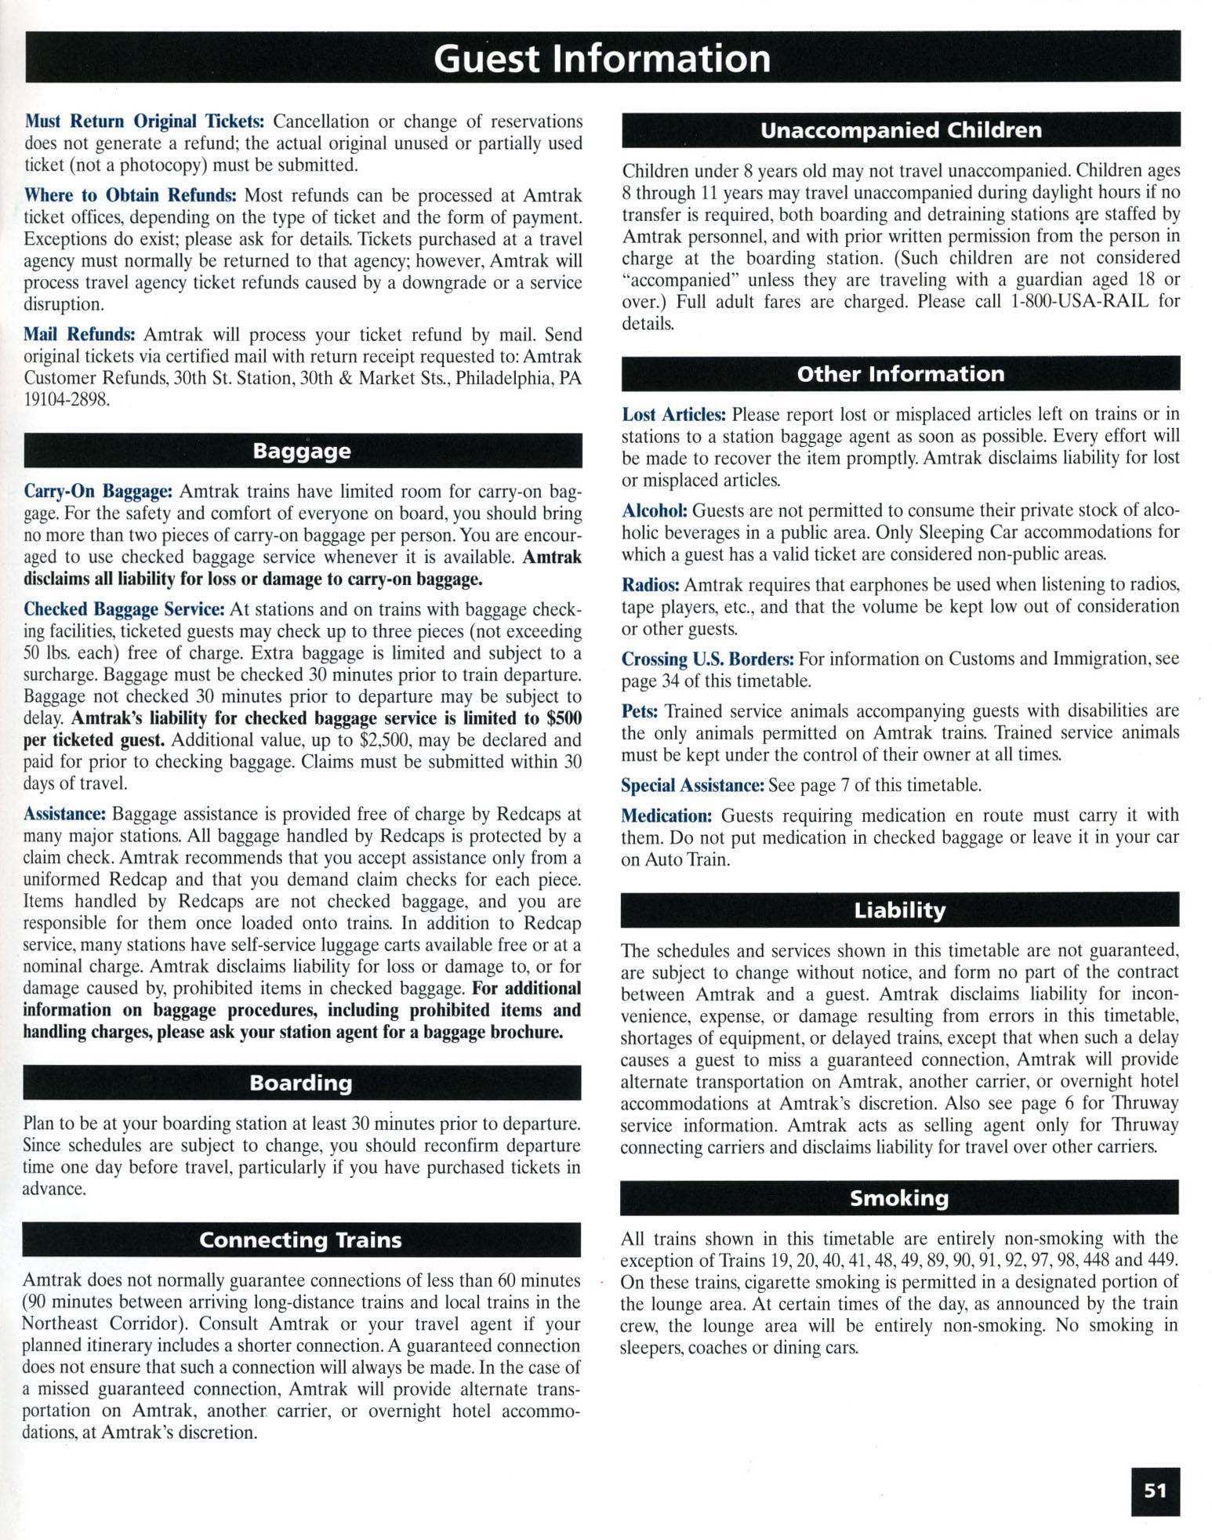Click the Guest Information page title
tap(602, 59)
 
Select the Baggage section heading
tap(302, 452)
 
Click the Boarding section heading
tap(301, 1083)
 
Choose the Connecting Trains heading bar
tap(301, 1240)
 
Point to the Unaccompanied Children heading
tap(901, 130)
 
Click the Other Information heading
tap(901, 374)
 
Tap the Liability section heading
tap(900, 910)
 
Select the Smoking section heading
tap(899, 1198)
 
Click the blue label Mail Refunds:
tap(79, 335)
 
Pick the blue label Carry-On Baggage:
tap(98, 492)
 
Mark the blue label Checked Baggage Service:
tap(125, 609)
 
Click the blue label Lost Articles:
tap(673, 414)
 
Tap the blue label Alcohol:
tap(655, 510)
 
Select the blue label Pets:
tap(640, 711)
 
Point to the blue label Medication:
tap(666, 816)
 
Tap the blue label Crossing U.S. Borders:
tap(708, 659)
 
